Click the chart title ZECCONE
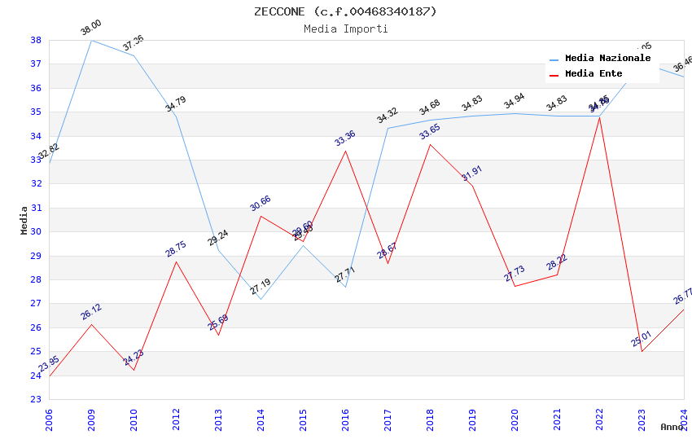point(345,11)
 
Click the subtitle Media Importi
point(345,29)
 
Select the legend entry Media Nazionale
point(607,59)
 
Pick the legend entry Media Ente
point(593,74)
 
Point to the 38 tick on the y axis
point(36,40)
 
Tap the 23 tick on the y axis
point(36,399)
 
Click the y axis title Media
point(24,220)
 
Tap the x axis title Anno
point(672,427)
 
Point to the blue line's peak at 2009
point(91,40)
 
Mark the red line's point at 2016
point(345,151)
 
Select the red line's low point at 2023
point(642,351)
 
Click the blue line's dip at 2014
point(261,299)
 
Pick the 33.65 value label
point(430,132)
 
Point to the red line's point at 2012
point(176,261)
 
